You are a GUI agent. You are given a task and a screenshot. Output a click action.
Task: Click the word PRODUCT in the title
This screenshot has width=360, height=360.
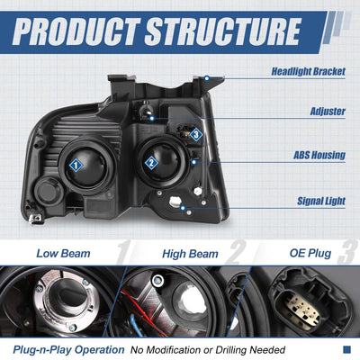pyautogui.click(x=76, y=31)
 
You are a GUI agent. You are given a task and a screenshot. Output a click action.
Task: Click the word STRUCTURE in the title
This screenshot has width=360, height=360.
pyautogui.click(x=223, y=31)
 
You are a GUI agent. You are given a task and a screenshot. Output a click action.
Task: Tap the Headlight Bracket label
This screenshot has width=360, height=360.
pyautogui.click(x=309, y=72)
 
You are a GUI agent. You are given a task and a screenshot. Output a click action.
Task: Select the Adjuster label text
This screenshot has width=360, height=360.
pyautogui.click(x=328, y=112)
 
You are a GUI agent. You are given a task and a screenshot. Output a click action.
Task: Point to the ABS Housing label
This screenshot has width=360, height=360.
pyautogui.click(x=319, y=155)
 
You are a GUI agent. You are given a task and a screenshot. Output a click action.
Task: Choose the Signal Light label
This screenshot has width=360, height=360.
pyautogui.click(x=321, y=201)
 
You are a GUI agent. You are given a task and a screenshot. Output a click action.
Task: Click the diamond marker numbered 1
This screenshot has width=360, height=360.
pyautogui.click(x=76, y=166)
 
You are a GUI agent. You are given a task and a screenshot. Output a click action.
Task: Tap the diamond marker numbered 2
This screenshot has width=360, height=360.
pyautogui.click(x=151, y=163)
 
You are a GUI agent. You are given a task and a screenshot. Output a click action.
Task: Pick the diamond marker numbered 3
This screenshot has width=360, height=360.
pyautogui.click(x=196, y=135)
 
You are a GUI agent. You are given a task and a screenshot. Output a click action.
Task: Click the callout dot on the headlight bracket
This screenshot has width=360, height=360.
pyautogui.click(x=207, y=78)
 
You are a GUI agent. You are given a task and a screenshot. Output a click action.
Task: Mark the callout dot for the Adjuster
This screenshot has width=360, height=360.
pyautogui.click(x=152, y=119)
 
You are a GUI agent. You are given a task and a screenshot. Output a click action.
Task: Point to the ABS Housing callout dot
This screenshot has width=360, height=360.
pyautogui.click(x=194, y=162)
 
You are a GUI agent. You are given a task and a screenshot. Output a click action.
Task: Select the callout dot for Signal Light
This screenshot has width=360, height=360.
pyautogui.click(x=183, y=208)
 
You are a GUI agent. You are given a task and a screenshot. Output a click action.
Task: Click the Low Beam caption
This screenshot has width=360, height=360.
pyautogui.click(x=63, y=254)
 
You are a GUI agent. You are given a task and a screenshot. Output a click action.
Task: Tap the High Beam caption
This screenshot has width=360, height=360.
pyautogui.click(x=190, y=254)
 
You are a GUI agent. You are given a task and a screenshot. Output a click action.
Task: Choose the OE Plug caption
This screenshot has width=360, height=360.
pyautogui.click(x=310, y=253)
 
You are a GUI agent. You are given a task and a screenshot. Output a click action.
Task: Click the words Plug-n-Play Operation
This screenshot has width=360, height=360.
pyautogui.click(x=68, y=350)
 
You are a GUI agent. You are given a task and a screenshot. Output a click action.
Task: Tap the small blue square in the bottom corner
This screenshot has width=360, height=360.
pyautogui.click(x=346, y=349)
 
